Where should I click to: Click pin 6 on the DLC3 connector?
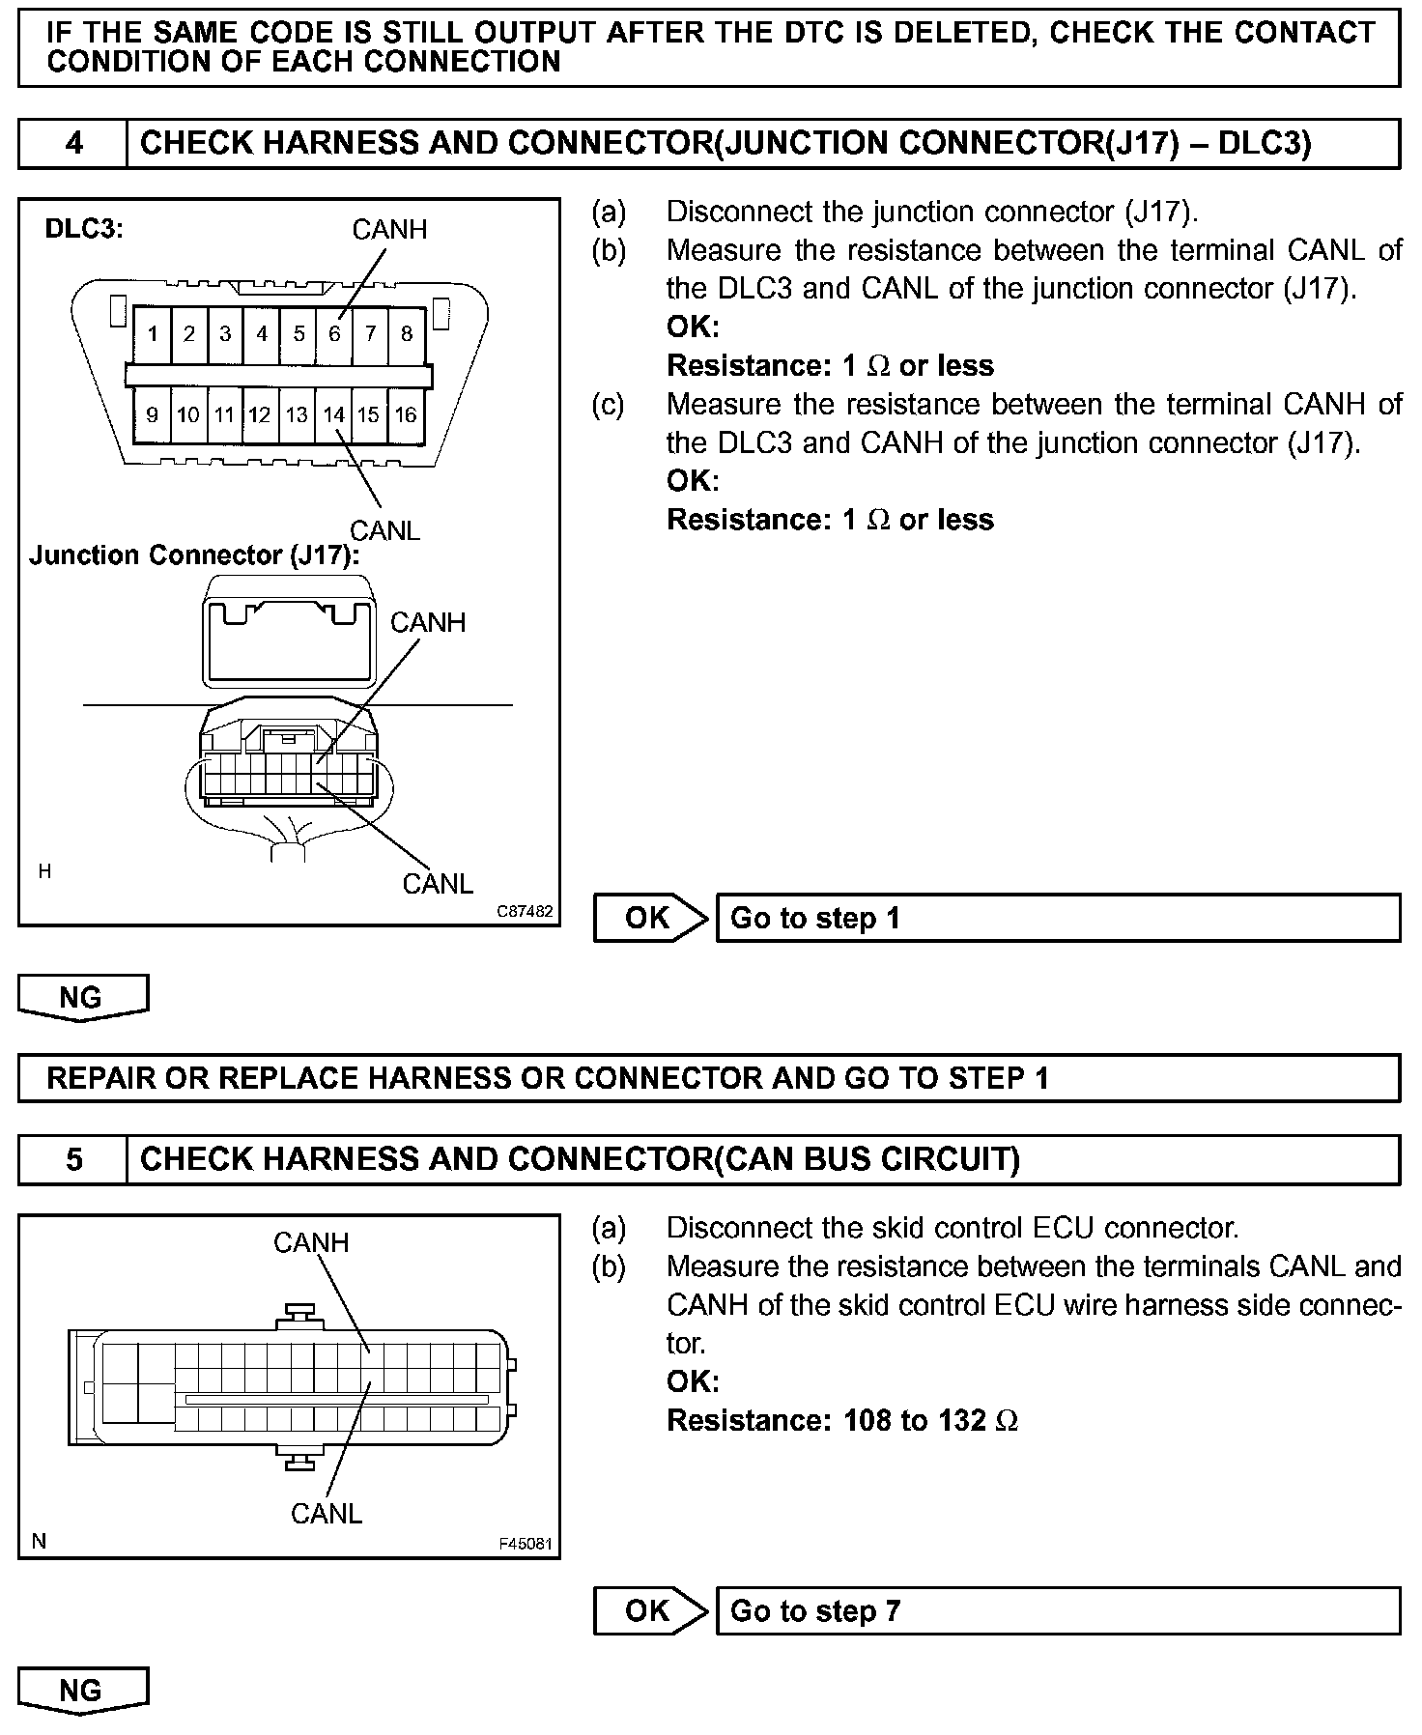coord(334,334)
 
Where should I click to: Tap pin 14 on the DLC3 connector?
coord(334,415)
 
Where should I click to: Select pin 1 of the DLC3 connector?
coord(153,334)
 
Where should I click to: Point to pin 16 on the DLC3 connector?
coord(406,415)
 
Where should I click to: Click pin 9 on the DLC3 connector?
coord(153,415)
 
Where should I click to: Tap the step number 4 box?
coord(73,144)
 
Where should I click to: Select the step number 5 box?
coord(73,1159)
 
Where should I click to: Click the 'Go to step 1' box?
coord(1057,918)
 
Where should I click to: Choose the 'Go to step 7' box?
coord(1057,1610)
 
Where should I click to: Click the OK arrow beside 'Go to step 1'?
coord(649,918)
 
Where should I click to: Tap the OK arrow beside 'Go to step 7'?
coord(649,1610)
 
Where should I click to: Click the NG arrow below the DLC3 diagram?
coord(82,997)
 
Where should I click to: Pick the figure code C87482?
coord(526,911)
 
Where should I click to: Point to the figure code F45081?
coord(526,1544)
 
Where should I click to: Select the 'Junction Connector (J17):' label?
coord(193,555)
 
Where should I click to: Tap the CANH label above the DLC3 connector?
coord(389,230)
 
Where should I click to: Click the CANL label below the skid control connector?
coord(327,1513)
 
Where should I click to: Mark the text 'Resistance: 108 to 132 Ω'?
coord(842,1420)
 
